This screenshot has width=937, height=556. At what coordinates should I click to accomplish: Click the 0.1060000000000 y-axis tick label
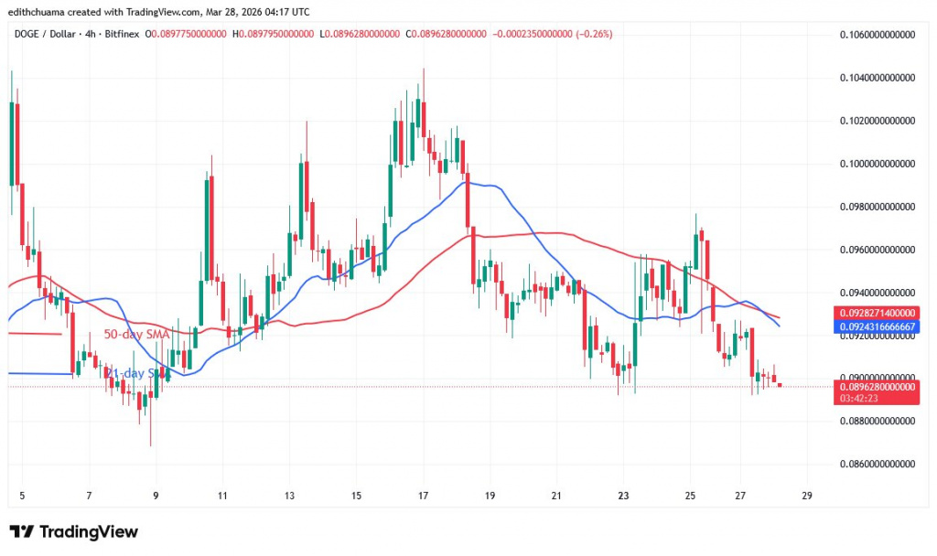[x=876, y=35]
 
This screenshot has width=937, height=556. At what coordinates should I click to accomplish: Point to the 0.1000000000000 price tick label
[x=876, y=164]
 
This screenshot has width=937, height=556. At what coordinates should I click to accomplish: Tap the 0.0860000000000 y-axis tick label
[x=876, y=464]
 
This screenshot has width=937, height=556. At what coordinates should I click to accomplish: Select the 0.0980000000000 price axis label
[x=876, y=207]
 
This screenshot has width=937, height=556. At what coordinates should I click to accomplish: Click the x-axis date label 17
[x=424, y=496]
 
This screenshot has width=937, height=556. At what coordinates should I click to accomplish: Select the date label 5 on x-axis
[x=22, y=496]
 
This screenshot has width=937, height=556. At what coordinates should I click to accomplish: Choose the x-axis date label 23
[x=624, y=496]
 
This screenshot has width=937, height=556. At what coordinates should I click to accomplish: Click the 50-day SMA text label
[x=136, y=335]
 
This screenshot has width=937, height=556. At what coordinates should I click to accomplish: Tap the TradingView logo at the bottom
[x=73, y=531]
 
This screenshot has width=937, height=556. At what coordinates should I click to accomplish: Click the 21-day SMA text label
[x=137, y=373]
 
